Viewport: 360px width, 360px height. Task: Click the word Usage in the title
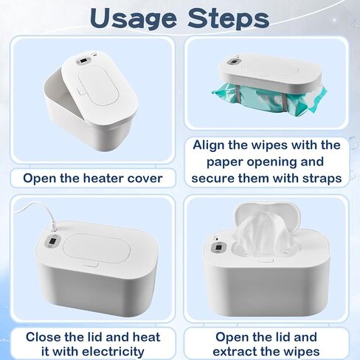click(133, 19)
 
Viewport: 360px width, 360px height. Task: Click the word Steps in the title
click(229, 19)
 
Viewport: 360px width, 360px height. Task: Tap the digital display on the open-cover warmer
click(83, 60)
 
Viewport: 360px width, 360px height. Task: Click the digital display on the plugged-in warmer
click(52, 241)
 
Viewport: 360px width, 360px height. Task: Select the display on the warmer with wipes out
click(218, 248)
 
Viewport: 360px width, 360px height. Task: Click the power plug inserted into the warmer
click(53, 226)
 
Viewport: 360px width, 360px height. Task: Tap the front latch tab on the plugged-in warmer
click(91, 263)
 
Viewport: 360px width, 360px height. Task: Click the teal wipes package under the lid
click(269, 100)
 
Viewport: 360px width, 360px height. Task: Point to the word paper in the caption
click(225, 162)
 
